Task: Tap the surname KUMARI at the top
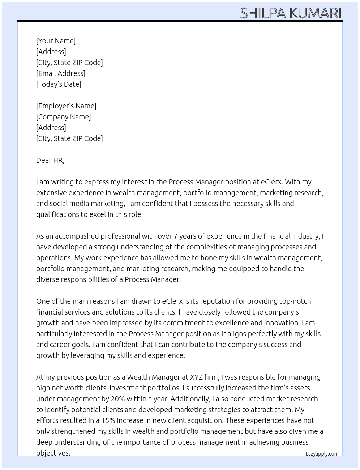315,13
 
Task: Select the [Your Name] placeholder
56,41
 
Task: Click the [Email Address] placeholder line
61,73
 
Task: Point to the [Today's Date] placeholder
59,84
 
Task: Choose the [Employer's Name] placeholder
66,106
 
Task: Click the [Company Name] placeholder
63,117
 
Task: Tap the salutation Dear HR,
50,160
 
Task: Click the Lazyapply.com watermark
322,454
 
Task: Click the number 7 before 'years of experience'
176,236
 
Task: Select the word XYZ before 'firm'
195,377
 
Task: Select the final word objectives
53,453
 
